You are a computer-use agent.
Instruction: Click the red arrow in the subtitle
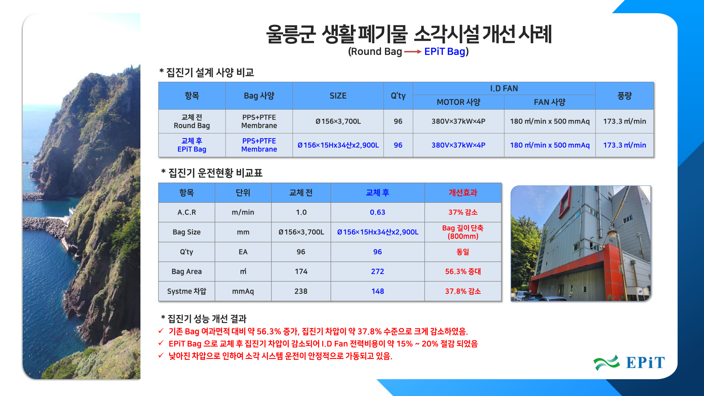(x=413, y=52)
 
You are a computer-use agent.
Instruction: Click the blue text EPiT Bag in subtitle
(x=445, y=52)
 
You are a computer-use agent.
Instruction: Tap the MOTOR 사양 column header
(x=458, y=102)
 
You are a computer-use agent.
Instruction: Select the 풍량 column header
(x=624, y=96)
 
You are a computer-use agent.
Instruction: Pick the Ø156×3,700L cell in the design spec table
(x=338, y=121)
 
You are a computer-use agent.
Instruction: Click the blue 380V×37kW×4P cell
(x=458, y=145)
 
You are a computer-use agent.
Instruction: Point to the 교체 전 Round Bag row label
(x=192, y=121)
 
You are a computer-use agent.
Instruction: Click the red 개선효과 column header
(x=463, y=192)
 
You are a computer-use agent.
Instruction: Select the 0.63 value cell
(x=377, y=212)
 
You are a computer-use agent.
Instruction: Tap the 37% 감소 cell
(x=463, y=212)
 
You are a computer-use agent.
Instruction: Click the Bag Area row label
(x=187, y=271)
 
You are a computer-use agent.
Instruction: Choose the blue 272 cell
(x=377, y=271)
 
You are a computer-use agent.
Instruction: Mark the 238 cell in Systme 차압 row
(x=301, y=291)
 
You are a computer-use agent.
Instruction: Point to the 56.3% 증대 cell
(x=463, y=271)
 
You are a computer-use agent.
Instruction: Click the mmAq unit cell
(x=243, y=291)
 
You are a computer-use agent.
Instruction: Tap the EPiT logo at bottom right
(x=629, y=363)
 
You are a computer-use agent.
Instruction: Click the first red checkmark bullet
(x=161, y=331)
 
